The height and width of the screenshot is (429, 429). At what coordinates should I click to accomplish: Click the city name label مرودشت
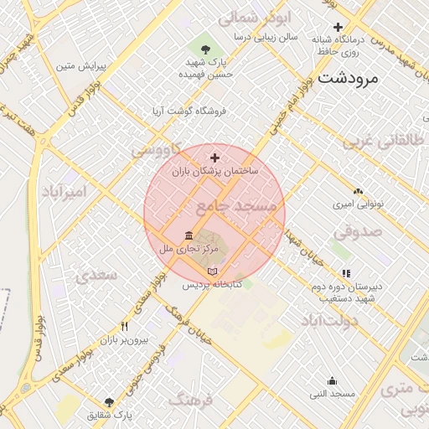(x=349, y=79)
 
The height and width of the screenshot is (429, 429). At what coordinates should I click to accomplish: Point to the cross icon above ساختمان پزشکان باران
(x=215, y=157)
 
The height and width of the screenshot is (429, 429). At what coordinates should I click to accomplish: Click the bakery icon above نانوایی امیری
(x=359, y=191)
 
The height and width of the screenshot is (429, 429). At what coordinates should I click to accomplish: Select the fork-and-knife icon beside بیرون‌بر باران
(x=125, y=327)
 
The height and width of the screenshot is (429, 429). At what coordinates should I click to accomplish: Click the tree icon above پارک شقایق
(x=109, y=402)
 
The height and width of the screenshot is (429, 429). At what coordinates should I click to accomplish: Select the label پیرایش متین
(x=78, y=65)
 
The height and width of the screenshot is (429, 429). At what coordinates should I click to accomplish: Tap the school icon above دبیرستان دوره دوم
(x=346, y=273)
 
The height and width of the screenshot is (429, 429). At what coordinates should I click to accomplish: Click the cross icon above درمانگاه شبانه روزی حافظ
(x=338, y=28)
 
